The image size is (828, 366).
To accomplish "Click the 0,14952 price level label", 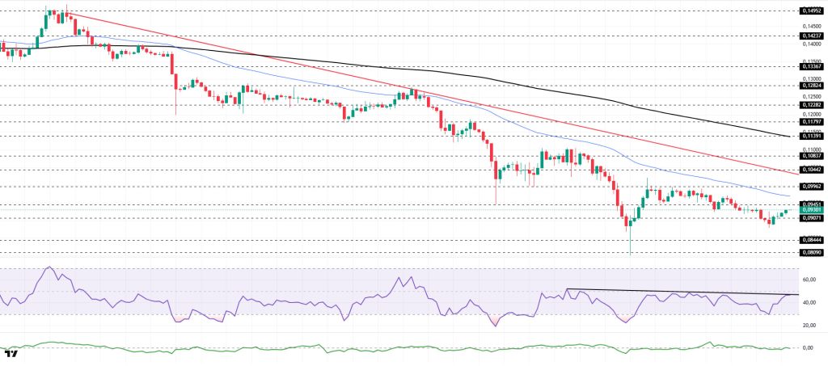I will click(811, 11).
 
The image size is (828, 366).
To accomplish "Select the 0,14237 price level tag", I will click(811, 36).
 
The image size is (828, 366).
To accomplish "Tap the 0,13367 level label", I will click(811, 67).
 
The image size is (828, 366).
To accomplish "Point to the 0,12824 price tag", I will click(811, 85).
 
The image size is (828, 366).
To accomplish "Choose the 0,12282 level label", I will click(811, 104).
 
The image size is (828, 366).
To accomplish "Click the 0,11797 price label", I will click(811, 122).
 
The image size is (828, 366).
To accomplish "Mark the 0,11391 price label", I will click(811, 136).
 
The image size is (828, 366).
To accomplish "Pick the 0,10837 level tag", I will click(811, 155).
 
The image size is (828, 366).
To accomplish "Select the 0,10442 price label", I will click(811, 170).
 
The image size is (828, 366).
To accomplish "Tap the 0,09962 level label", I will click(811, 186).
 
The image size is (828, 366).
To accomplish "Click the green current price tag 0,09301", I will click(811, 210).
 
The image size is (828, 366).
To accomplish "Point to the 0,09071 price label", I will click(811, 218).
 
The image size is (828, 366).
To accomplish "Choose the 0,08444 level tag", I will click(811, 240).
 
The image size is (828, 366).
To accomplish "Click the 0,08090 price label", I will click(811, 252).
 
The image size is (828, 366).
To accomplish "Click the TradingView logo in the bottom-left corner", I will click(11, 354).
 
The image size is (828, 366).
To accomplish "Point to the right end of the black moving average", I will click(790, 137).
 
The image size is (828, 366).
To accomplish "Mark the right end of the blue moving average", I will click(790, 196).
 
